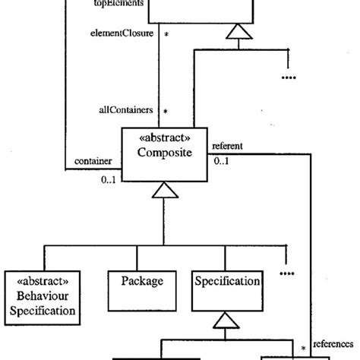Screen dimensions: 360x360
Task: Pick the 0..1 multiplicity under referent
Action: (223, 161)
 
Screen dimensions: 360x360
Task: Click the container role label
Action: (93, 161)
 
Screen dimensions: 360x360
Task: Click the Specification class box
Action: (229, 291)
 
